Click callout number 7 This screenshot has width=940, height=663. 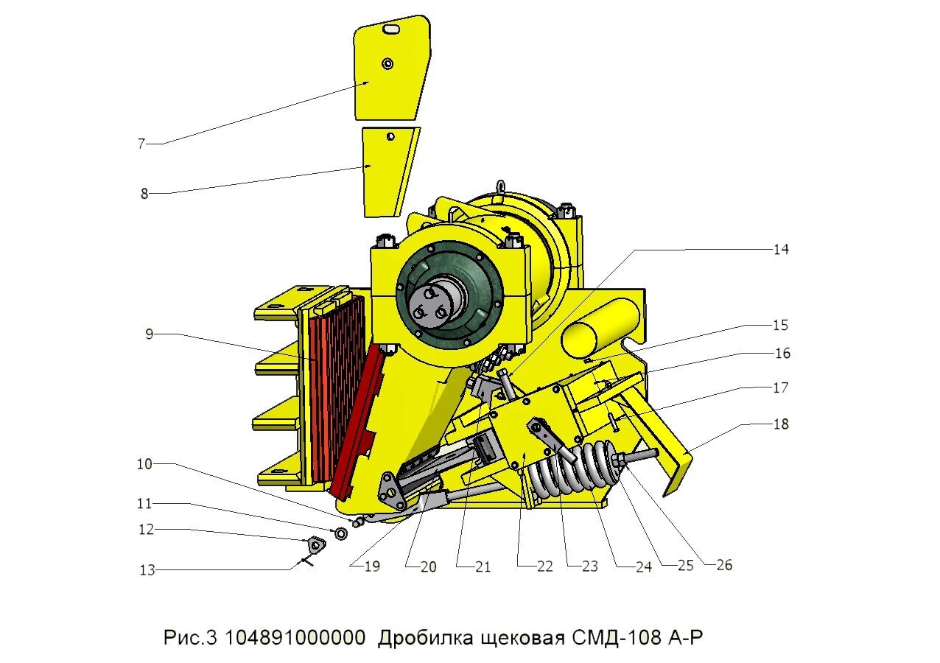click(141, 144)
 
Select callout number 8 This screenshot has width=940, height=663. click(144, 194)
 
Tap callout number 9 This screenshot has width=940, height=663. click(149, 334)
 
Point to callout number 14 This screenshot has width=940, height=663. click(780, 250)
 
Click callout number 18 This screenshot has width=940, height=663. click(780, 424)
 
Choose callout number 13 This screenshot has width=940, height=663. click(147, 570)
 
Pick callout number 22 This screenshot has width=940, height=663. click(544, 566)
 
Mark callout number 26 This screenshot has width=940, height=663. click(724, 566)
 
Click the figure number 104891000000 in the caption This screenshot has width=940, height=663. click(295, 637)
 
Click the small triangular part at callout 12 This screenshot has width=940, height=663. click(317, 545)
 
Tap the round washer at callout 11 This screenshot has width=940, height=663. click(342, 533)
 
